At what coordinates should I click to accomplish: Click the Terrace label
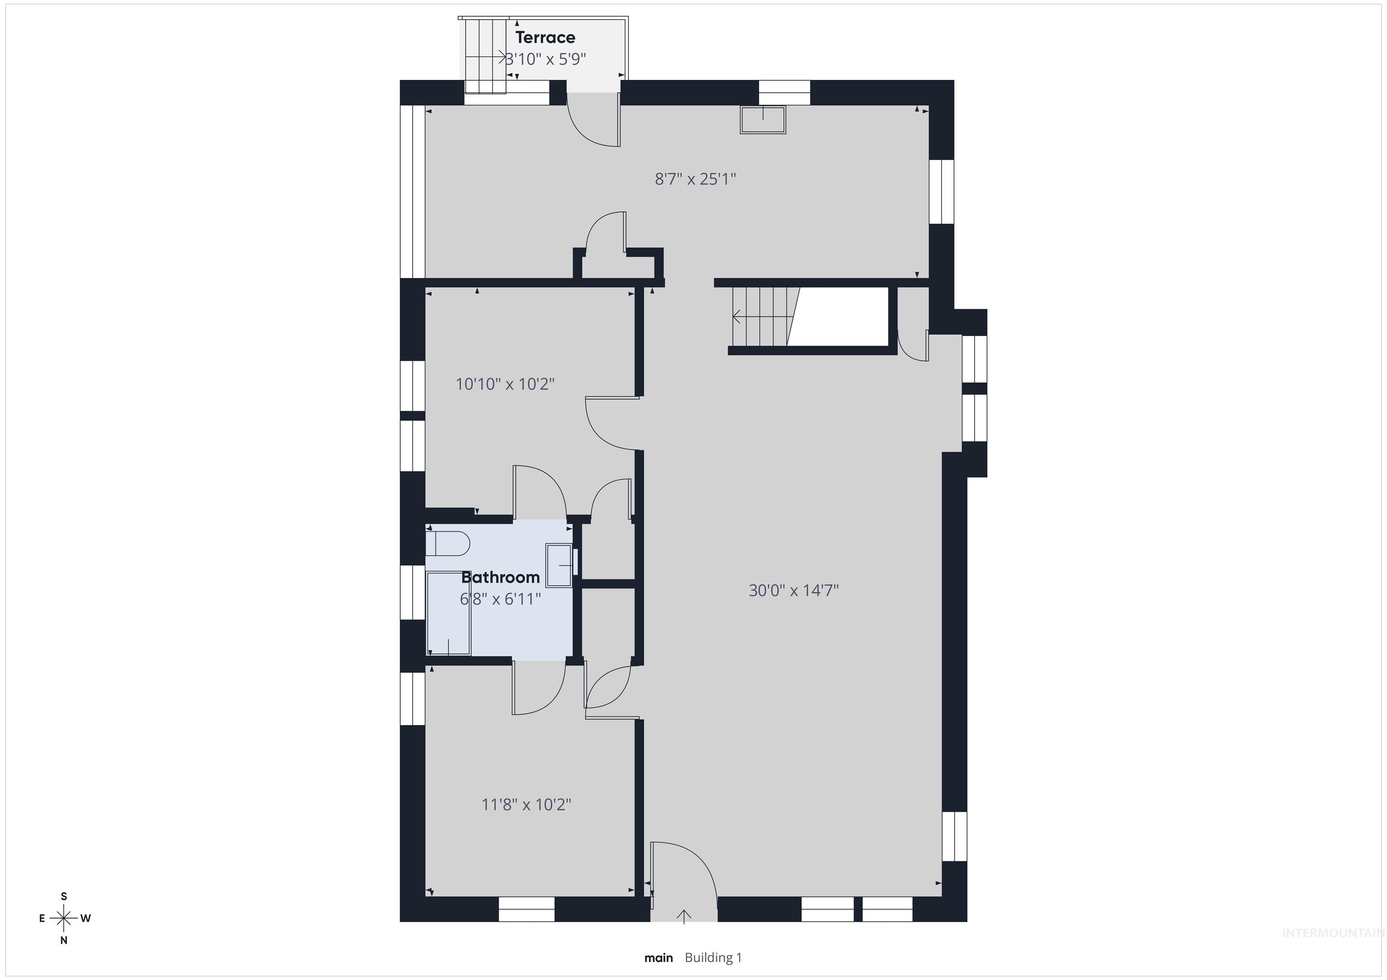pos(545,37)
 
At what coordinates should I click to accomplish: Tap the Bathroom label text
pos(500,577)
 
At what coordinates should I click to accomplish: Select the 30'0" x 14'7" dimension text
pos(794,590)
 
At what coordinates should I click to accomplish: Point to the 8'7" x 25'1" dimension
pos(695,179)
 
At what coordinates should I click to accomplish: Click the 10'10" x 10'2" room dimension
pos(505,384)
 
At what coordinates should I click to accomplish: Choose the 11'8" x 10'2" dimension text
pos(526,804)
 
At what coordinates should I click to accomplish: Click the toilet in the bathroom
pos(447,543)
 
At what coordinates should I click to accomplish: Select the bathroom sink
pos(559,564)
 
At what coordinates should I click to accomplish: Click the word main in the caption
pos(658,957)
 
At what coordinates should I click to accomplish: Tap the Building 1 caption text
pos(713,957)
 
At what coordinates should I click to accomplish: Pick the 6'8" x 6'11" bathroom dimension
pos(500,599)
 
